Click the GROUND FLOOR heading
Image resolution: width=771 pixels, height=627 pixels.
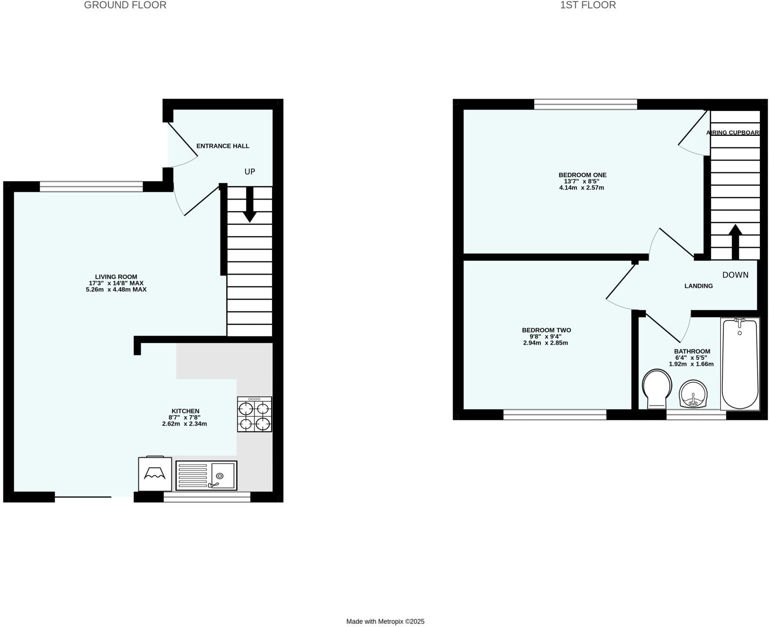click(x=125, y=5)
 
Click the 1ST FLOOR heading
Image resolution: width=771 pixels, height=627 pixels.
click(x=588, y=5)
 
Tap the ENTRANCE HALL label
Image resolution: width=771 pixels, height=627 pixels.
click(x=222, y=146)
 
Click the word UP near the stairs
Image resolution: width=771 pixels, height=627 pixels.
click(x=250, y=172)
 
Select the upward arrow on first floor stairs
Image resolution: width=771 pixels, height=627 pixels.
click(x=735, y=241)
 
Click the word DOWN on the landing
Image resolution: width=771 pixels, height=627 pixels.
click(x=735, y=275)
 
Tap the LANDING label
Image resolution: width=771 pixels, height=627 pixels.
click(x=698, y=286)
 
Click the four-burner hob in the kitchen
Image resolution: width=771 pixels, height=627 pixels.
click(x=255, y=414)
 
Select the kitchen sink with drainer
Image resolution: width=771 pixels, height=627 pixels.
click(x=206, y=476)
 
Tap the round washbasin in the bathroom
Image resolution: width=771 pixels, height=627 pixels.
click(x=693, y=393)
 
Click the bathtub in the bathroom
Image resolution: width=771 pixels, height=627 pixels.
click(x=739, y=364)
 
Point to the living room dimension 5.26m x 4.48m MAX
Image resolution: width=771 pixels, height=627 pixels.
click(x=116, y=290)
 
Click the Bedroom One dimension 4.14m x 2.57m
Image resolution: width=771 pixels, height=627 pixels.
click(x=582, y=188)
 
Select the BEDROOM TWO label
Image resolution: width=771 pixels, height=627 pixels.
click(x=546, y=330)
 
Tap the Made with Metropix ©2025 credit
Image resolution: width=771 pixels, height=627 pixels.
click(x=385, y=622)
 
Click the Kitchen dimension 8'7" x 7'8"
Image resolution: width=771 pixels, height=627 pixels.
click(x=184, y=418)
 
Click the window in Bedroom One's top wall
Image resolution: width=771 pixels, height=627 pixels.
click(x=585, y=104)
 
